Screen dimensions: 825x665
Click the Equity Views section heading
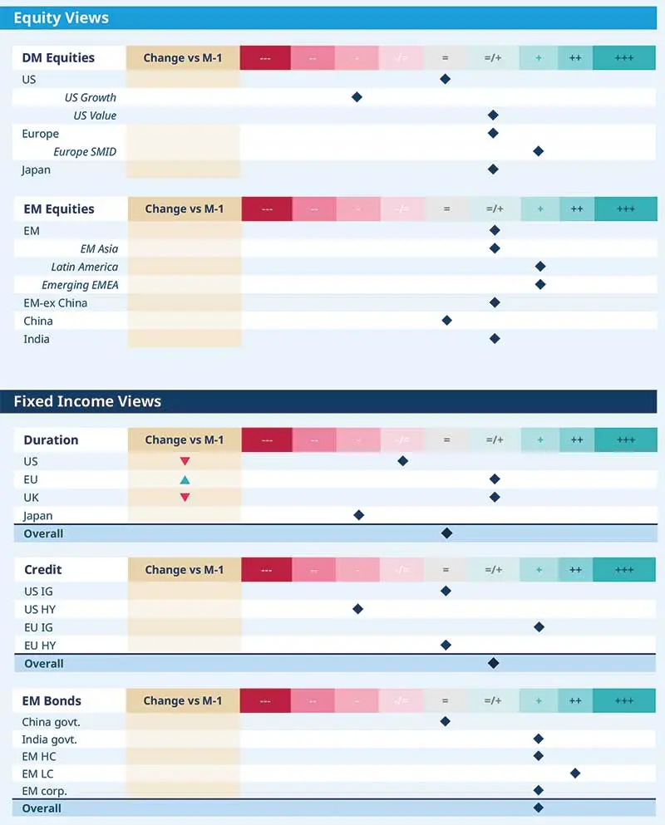click(x=61, y=17)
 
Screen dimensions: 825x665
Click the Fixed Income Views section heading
click(x=87, y=401)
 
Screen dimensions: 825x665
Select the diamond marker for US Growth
click(x=357, y=97)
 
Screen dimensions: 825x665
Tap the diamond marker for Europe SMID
click(x=538, y=151)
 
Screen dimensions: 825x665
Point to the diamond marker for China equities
click(x=446, y=321)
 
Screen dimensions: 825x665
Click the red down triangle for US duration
click(x=185, y=461)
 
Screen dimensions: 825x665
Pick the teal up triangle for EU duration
click(x=185, y=479)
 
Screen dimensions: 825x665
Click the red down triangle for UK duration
click(x=185, y=498)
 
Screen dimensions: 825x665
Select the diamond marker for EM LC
click(x=574, y=773)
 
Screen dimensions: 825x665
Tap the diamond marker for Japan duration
click(x=358, y=515)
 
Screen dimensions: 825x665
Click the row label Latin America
click(x=85, y=267)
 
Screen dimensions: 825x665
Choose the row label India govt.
click(x=51, y=739)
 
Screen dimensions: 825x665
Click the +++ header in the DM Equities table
click(x=624, y=58)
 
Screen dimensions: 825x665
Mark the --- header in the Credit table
click(x=266, y=570)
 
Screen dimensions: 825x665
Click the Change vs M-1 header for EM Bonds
click(x=183, y=700)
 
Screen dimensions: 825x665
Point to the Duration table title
click(x=51, y=440)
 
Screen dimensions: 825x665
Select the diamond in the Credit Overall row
click(x=493, y=663)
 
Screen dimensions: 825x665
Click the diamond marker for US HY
click(x=357, y=609)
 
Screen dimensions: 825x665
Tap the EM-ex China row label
click(x=55, y=303)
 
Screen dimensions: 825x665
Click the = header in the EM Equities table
click(x=446, y=209)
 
